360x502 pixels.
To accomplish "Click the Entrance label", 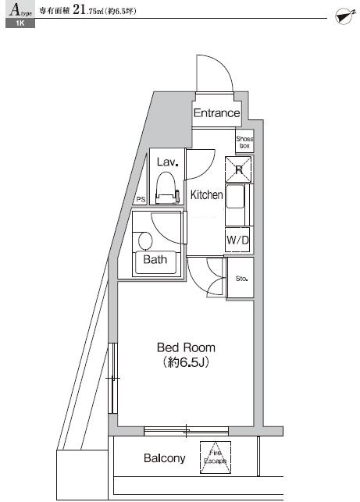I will coord(216,113).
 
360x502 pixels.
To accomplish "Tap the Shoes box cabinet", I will coord(244,141).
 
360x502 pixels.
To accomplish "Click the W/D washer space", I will coord(237,240).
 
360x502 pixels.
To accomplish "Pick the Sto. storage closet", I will coord(241,279).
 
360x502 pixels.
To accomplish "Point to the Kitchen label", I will coord(207,195).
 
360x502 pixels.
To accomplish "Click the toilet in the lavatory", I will coord(165,187).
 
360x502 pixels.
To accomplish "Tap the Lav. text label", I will coord(168,162).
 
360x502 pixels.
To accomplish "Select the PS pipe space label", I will coord(141,200).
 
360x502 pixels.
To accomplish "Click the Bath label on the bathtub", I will coord(155,260).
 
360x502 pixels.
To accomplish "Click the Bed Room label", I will coord(186,347).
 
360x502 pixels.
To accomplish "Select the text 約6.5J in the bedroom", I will coord(186,363).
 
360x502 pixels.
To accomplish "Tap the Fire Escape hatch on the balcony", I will coord(215,457).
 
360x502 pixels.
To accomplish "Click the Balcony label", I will coord(164,458).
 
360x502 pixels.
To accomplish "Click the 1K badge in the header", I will coord(19,25).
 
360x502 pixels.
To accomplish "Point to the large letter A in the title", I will coord(14,10).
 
